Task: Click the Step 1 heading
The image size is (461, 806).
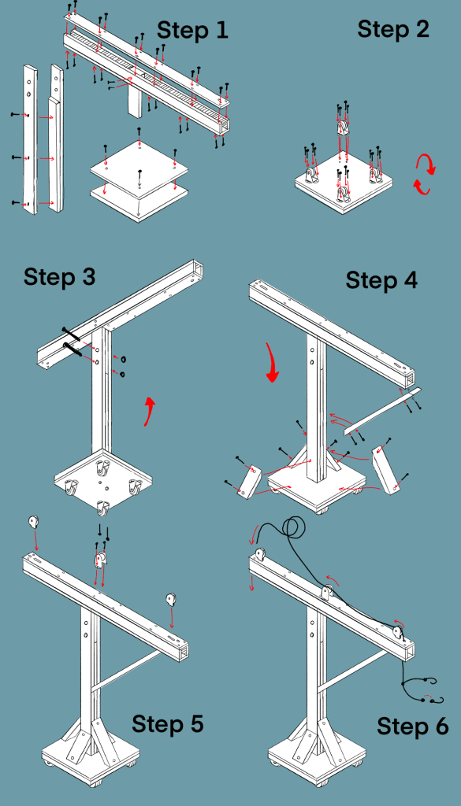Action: pyautogui.click(x=192, y=31)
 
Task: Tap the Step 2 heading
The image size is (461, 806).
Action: pyautogui.click(x=393, y=29)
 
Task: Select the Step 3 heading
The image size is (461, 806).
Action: pyautogui.click(x=60, y=277)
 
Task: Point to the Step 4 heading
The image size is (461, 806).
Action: pyautogui.click(x=381, y=280)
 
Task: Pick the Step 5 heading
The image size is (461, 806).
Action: pyautogui.click(x=168, y=724)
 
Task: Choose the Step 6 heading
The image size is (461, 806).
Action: pyautogui.click(x=413, y=727)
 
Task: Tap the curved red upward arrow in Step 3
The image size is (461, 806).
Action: pyautogui.click(x=148, y=411)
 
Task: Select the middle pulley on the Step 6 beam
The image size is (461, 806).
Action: pyautogui.click(x=327, y=593)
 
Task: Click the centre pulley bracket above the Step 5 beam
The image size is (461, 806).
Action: pyautogui.click(x=100, y=560)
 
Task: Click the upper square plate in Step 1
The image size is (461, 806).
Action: pyautogui.click(x=139, y=166)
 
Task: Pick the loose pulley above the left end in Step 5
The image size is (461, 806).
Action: pyautogui.click(x=33, y=523)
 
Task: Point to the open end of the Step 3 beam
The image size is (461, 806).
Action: pyautogui.click(x=196, y=269)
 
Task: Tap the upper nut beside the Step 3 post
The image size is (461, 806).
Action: pyautogui.click(x=124, y=359)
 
